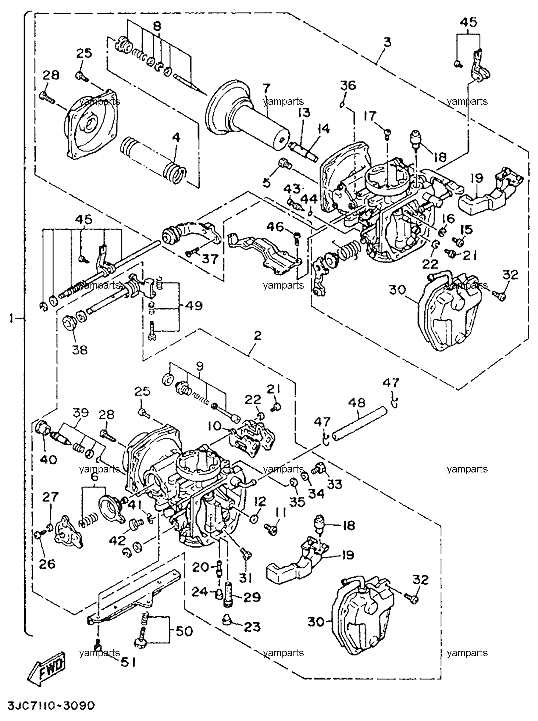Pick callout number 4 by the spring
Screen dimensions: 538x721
pyautogui.click(x=177, y=138)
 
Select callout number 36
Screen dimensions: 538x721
pyautogui.click(x=348, y=85)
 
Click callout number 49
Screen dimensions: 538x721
pyautogui.click(x=193, y=306)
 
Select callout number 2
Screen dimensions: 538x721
pyautogui.click(x=257, y=335)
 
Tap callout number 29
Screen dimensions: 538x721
pyautogui.click(x=252, y=597)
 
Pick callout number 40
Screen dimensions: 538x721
pyautogui.click(x=48, y=459)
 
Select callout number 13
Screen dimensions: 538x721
pyautogui.click(x=304, y=112)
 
